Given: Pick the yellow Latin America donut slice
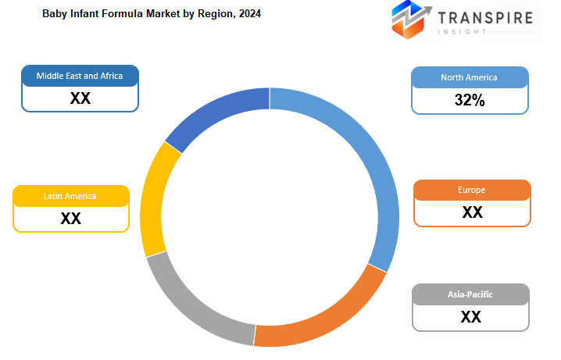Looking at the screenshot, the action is [x=152, y=200].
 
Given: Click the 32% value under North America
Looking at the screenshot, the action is [x=470, y=100].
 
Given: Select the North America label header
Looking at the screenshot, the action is [x=469, y=77].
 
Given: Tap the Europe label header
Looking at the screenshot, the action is [x=472, y=190].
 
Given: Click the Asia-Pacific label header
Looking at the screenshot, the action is [x=470, y=294].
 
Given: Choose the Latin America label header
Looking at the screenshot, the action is [x=70, y=196].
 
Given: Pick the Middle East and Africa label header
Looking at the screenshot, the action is [x=80, y=76].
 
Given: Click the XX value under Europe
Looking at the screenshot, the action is [x=472, y=212].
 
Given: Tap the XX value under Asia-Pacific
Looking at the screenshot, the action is [x=471, y=317].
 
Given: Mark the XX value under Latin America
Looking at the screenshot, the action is [x=71, y=219].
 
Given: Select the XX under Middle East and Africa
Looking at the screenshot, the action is [x=80, y=98].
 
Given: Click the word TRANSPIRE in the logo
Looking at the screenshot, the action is [x=485, y=18].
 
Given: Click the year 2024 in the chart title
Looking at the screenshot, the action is [x=250, y=13].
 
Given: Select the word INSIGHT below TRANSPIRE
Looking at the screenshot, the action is [x=463, y=32].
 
